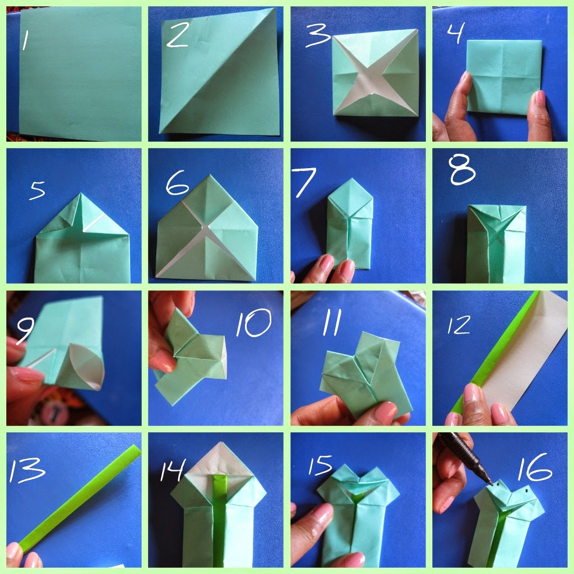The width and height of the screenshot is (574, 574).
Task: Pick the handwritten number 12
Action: (x=459, y=325)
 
